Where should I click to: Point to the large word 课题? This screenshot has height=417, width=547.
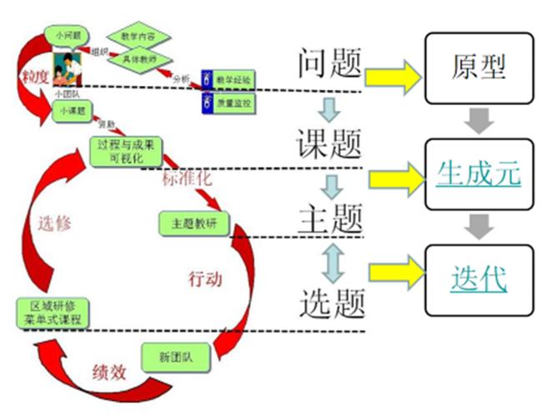pos(331,143)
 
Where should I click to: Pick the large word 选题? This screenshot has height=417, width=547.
pos(331,300)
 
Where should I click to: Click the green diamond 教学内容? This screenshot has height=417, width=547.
pos(138,37)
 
